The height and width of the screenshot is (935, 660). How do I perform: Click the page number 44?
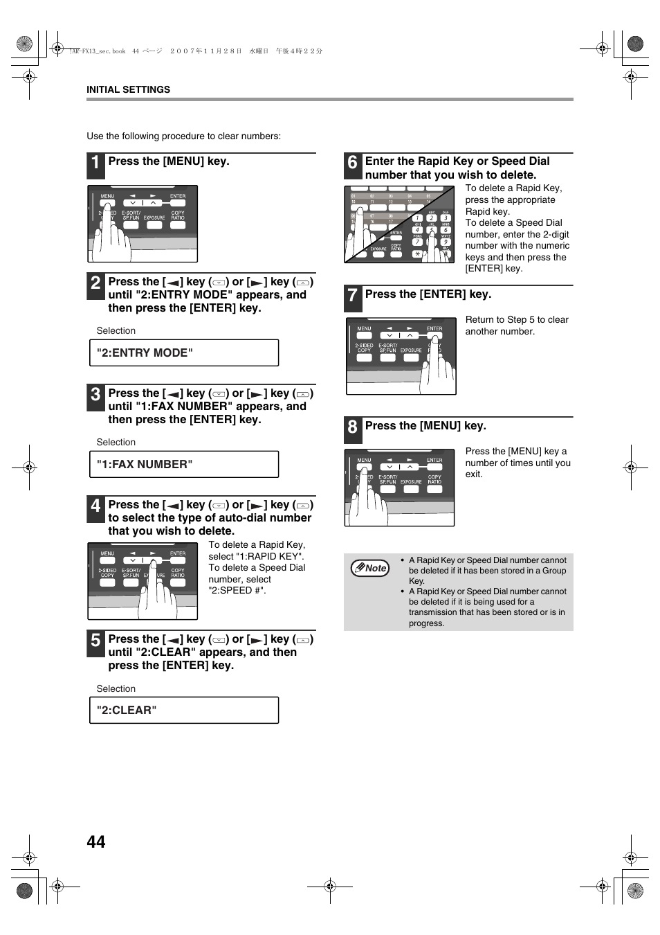click(x=96, y=841)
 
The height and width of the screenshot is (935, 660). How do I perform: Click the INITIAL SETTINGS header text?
click(x=128, y=89)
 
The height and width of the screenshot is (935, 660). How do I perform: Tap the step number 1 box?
click(x=95, y=166)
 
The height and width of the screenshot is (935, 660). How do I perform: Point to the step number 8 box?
click(x=352, y=430)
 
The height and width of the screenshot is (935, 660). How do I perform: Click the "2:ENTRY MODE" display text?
click(x=145, y=353)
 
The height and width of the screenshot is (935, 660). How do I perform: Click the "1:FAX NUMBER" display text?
click(x=145, y=464)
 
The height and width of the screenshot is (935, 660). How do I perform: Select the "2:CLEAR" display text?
click(x=127, y=710)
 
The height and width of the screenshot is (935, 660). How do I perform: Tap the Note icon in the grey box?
click(x=370, y=568)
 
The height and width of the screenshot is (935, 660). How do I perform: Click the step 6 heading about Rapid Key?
click(x=457, y=168)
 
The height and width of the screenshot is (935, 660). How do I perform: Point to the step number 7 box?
click(x=352, y=299)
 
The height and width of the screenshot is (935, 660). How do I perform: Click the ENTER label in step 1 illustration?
click(x=178, y=196)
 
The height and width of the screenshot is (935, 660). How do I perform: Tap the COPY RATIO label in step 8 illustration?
click(x=434, y=479)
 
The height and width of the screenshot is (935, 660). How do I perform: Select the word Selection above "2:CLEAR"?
click(x=116, y=688)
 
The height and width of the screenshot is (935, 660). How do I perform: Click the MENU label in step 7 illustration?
click(x=364, y=328)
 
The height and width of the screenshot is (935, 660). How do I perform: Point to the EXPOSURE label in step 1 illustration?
click(x=154, y=217)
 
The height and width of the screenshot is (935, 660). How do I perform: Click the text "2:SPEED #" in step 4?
click(x=237, y=591)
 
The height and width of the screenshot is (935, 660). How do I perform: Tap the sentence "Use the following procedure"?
click(x=183, y=136)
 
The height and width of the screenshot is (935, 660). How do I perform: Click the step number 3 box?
click(x=95, y=398)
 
